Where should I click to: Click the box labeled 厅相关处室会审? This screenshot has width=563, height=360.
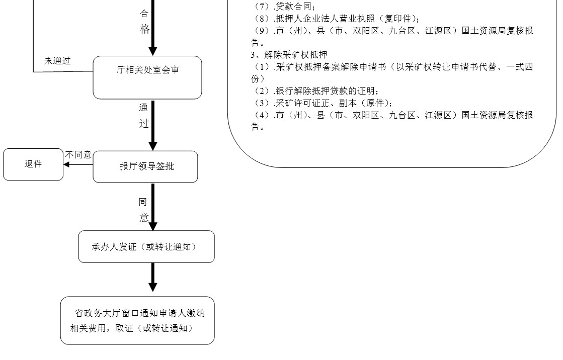(x=147, y=77)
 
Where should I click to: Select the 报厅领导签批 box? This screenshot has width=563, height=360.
(x=145, y=166)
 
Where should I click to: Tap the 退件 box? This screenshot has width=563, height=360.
(x=33, y=164)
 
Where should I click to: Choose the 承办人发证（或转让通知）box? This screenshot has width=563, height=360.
(x=146, y=247)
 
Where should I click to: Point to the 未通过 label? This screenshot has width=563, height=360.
(x=57, y=61)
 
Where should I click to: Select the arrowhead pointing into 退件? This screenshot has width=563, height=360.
(x=66, y=164)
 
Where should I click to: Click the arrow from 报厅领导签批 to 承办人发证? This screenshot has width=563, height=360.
(x=153, y=206)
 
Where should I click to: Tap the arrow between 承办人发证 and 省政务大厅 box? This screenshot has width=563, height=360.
(x=153, y=277)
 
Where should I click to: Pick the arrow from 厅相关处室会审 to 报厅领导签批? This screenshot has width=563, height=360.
(x=153, y=125)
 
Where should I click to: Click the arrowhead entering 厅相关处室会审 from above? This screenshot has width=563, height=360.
(x=153, y=51)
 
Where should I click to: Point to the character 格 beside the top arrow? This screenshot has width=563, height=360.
(x=145, y=29)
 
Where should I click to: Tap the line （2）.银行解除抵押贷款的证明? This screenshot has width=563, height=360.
(x=315, y=91)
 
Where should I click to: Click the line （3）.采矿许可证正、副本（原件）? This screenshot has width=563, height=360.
(x=322, y=103)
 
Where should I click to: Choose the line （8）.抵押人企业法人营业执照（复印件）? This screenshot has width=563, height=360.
(x=337, y=19)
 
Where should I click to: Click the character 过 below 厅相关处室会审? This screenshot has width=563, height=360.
(x=144, y=123)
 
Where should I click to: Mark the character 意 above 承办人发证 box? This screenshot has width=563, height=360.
(x=144, y=218)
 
